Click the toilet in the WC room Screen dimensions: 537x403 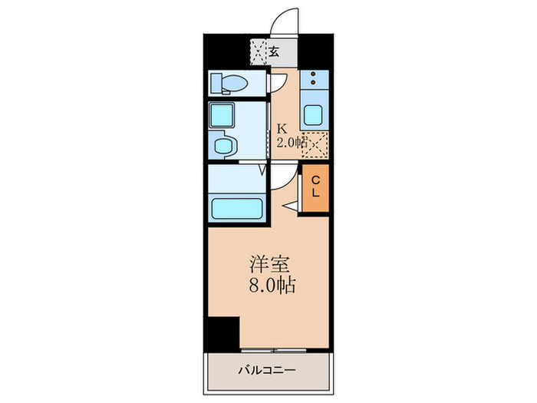click(229, 83)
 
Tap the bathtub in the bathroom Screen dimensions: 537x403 click(237, 208)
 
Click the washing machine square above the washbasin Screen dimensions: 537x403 click(222, 115)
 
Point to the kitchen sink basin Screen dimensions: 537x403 click(313, 115)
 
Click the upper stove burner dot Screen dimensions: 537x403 click(313, 74)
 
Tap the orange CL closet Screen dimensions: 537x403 click(315, 188)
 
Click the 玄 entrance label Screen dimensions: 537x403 click(274, 51)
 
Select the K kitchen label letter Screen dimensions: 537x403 click(282, 129)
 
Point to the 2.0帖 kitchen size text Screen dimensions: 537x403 click(292, 142)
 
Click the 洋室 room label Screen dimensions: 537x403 click(269, 264)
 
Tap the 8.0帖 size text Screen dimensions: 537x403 click(272, 285)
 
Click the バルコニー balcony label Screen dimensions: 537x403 click(267, 371)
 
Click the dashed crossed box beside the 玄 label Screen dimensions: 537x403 click(259, 52)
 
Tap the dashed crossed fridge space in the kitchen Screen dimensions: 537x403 click(315, 144)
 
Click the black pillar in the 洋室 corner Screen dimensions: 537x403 click(222, 335)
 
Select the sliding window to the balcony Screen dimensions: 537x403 click(274, 351)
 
